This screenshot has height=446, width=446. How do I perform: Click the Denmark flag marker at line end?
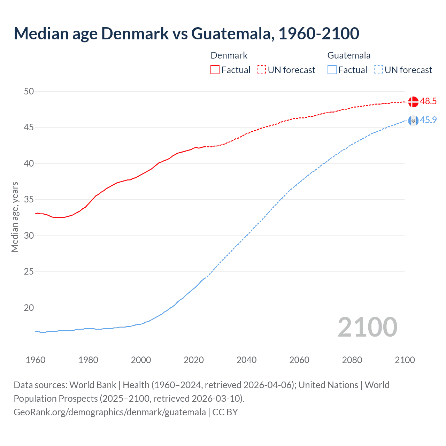click(413, 102)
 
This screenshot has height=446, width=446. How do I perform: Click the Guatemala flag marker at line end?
click(413, 121)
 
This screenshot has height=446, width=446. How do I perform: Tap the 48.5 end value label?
click(428, 101)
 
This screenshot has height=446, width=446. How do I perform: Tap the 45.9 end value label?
click(428, 120)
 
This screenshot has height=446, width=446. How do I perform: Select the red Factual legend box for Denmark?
click(215, 70)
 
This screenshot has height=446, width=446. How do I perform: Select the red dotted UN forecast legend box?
click(261, 70)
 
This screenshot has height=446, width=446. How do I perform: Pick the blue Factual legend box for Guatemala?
click(332, 70)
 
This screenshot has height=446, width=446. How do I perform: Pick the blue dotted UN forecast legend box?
click(378, 70)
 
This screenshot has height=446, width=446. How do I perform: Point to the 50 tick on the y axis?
click(29, 92)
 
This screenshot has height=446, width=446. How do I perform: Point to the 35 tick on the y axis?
click(29, 200)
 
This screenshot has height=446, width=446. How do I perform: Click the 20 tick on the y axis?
click(29, 308)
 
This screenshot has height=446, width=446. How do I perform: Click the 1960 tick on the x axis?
click(36, 360)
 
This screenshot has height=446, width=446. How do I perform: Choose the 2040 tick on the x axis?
click(246, 360)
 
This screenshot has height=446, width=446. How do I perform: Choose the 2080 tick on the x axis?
click(352, 360)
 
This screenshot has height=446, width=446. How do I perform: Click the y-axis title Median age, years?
click(15, 217)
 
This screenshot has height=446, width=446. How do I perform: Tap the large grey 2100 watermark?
click(367, 327)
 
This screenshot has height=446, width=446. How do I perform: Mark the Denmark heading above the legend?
click(229, 55)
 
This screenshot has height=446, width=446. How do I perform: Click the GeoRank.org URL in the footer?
click(110, 412)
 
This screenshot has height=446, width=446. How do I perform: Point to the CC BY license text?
click(225, 412)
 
